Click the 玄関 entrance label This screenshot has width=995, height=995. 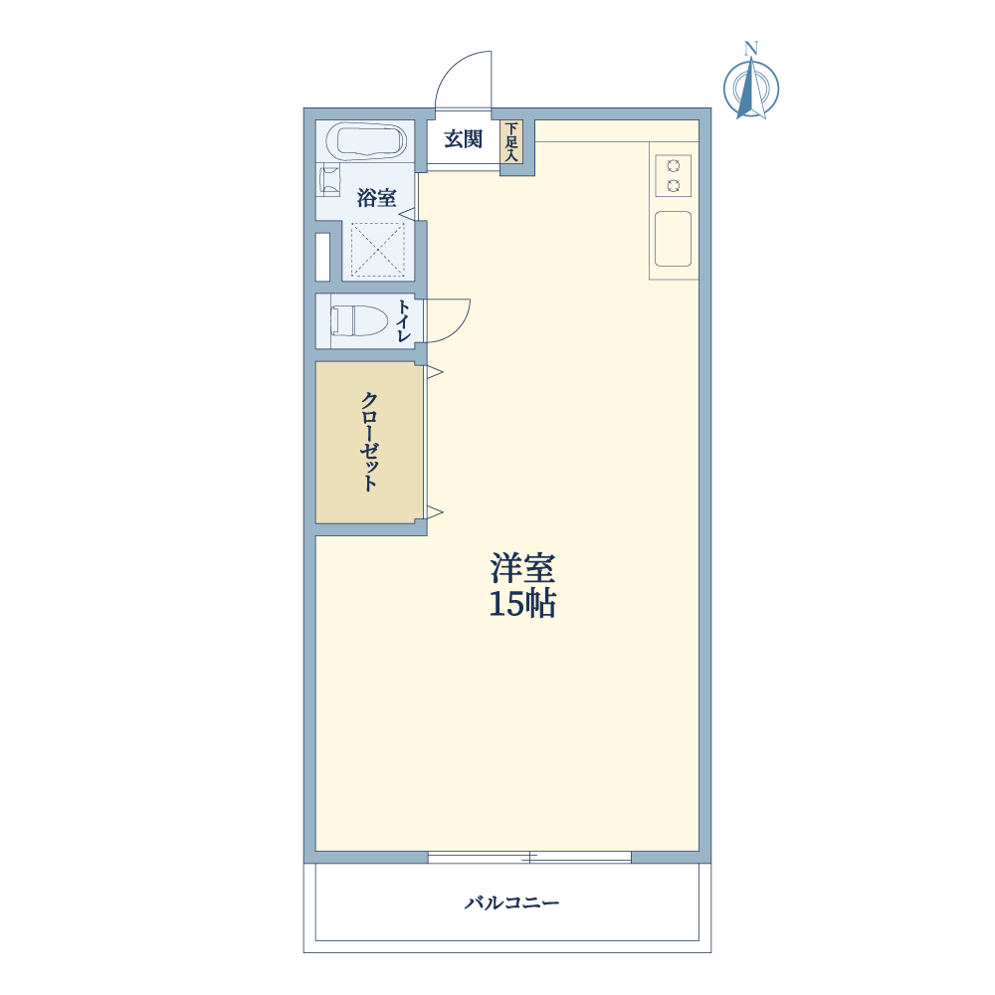(x=464, y=139)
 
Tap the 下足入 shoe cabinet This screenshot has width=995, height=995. (x=511, y=142)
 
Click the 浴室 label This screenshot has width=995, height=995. (x=376, y=198)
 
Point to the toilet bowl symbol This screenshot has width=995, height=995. (x=359, y=320)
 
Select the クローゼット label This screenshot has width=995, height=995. (x=369, y=442)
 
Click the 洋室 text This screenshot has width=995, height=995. (x=523, y=568)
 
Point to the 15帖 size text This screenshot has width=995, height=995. (x=523, y=604)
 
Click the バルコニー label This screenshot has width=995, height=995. (x=512, y=902)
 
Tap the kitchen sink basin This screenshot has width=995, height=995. (x=674, y=239)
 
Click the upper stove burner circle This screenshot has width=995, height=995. (x=674, y=166)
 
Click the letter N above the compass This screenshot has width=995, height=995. (x=751, y=48)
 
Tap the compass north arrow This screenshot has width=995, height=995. (x=751, y=88)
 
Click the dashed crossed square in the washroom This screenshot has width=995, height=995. (x=377, y=250)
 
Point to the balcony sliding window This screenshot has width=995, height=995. (x=529, y=858)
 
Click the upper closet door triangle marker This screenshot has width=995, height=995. (x=435, y=372)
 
